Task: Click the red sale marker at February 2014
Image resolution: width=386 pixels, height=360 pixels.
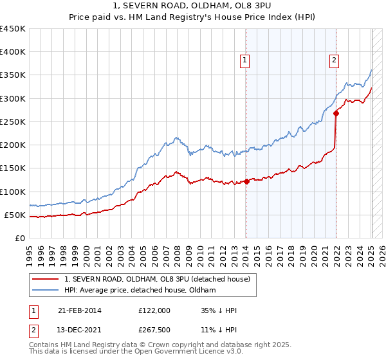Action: point(246,181)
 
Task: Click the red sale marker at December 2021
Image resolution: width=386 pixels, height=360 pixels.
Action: point(336,114)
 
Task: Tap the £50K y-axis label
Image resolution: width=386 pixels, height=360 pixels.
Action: point(14,215)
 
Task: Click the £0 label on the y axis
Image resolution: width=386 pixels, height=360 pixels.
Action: point(19,238)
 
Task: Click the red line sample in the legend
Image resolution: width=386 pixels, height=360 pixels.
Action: point(46,279)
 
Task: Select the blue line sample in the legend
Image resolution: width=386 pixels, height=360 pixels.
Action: point(46,291)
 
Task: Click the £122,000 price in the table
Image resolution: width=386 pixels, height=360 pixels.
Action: point(154,310)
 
